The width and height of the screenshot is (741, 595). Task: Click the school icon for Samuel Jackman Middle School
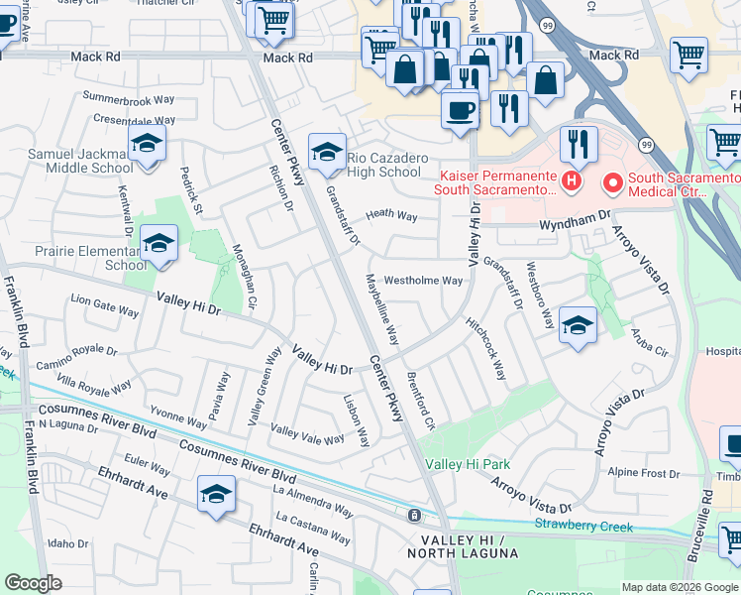tap(147, 146)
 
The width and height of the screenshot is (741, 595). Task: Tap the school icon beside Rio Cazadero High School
tap(327, 153)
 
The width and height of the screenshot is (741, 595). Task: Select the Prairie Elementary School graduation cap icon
tap(159, 243)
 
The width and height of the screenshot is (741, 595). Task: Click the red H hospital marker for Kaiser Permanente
tap(571, 181)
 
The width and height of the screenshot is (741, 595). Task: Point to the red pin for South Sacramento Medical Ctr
tap(612, 182)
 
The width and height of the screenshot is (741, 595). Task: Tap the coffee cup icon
tap(460, 108)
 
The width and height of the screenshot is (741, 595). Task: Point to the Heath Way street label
tap(391, 215)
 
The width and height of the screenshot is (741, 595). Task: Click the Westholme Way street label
tap(423, 281)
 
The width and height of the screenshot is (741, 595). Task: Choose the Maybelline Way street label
tap(383, 309)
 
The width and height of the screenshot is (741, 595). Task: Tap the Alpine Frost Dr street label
tap(643, 473)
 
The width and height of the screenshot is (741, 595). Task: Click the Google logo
tap(33, 583)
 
